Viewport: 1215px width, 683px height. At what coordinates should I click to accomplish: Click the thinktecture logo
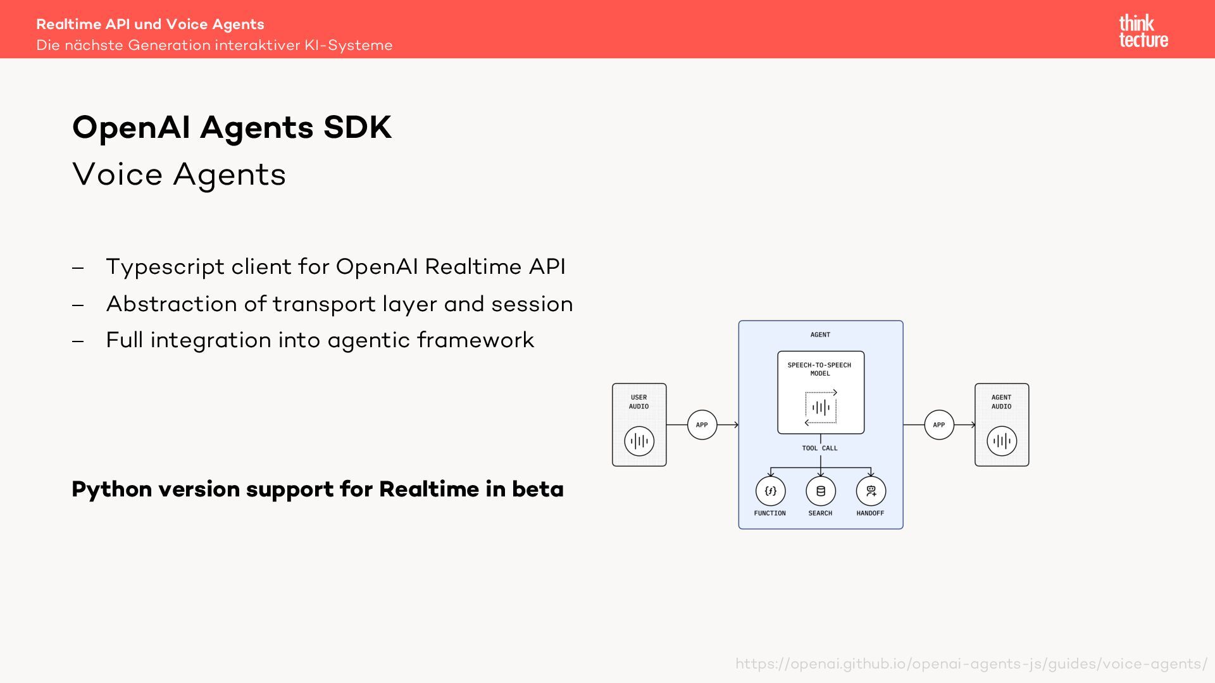pos(1143,31)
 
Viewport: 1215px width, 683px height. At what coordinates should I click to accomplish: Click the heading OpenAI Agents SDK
pos(232,127)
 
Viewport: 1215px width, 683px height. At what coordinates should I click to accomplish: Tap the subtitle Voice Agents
pos(179,174)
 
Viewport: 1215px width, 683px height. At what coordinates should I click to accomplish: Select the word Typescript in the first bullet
pos(165,267)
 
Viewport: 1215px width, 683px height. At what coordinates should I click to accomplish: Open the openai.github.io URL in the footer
pos(971,664)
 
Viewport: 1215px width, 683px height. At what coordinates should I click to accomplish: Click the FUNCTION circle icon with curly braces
pos(770,491)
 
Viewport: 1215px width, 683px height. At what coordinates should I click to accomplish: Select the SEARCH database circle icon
pos(820,491)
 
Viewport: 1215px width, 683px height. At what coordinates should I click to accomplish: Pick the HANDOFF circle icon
pos(871,491)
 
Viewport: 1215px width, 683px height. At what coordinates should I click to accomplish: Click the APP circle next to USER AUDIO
pos(702,425)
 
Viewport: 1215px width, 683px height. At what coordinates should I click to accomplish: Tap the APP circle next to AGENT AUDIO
pos(938,425)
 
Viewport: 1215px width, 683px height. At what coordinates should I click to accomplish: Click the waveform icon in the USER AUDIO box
pos(639,441)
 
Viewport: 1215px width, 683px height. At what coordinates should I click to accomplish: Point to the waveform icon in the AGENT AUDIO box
pos(1002,441)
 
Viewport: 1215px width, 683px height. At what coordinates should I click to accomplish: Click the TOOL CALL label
pos(819,448)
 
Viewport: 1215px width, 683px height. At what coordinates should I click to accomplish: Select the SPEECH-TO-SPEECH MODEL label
pos(819,369)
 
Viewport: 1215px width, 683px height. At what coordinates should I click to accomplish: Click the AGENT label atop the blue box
pos(820,335)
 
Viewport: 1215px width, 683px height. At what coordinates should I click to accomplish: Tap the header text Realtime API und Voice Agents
pos(150,24)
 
